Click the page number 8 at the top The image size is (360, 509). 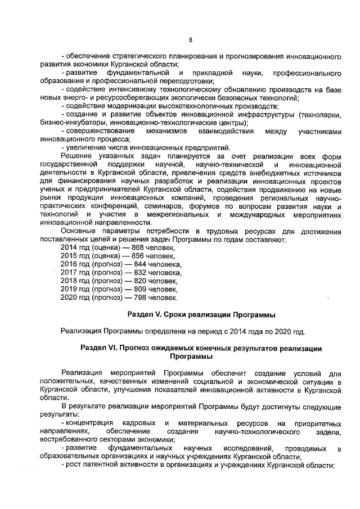click(x=190, y=40)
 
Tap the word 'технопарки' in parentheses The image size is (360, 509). click(x=319, y=115)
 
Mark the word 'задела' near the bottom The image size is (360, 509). click(x=330, y=431)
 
